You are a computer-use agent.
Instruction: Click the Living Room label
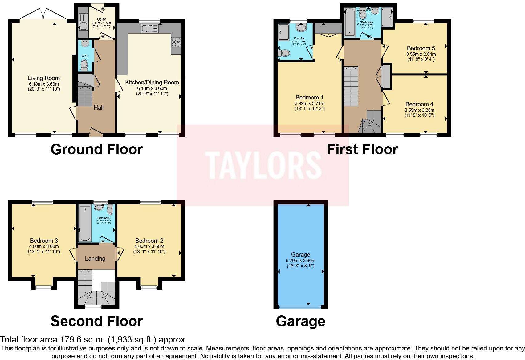44,78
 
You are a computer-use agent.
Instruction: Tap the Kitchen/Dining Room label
152,83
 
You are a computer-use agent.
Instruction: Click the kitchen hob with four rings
176,42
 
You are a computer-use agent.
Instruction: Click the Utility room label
101,19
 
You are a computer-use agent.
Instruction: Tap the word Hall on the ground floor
99,107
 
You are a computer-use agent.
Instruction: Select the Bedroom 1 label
309,98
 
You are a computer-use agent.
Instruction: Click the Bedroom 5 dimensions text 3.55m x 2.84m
421,54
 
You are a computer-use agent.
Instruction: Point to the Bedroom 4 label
419,104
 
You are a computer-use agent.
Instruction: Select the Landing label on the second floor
95,259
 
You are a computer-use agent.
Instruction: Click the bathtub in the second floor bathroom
84,224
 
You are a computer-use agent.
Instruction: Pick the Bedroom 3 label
44,241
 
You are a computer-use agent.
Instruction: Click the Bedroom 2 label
149,241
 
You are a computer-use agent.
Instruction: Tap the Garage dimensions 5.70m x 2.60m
300,261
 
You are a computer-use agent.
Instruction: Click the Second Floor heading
96,321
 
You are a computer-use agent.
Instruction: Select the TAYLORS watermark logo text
263,165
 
